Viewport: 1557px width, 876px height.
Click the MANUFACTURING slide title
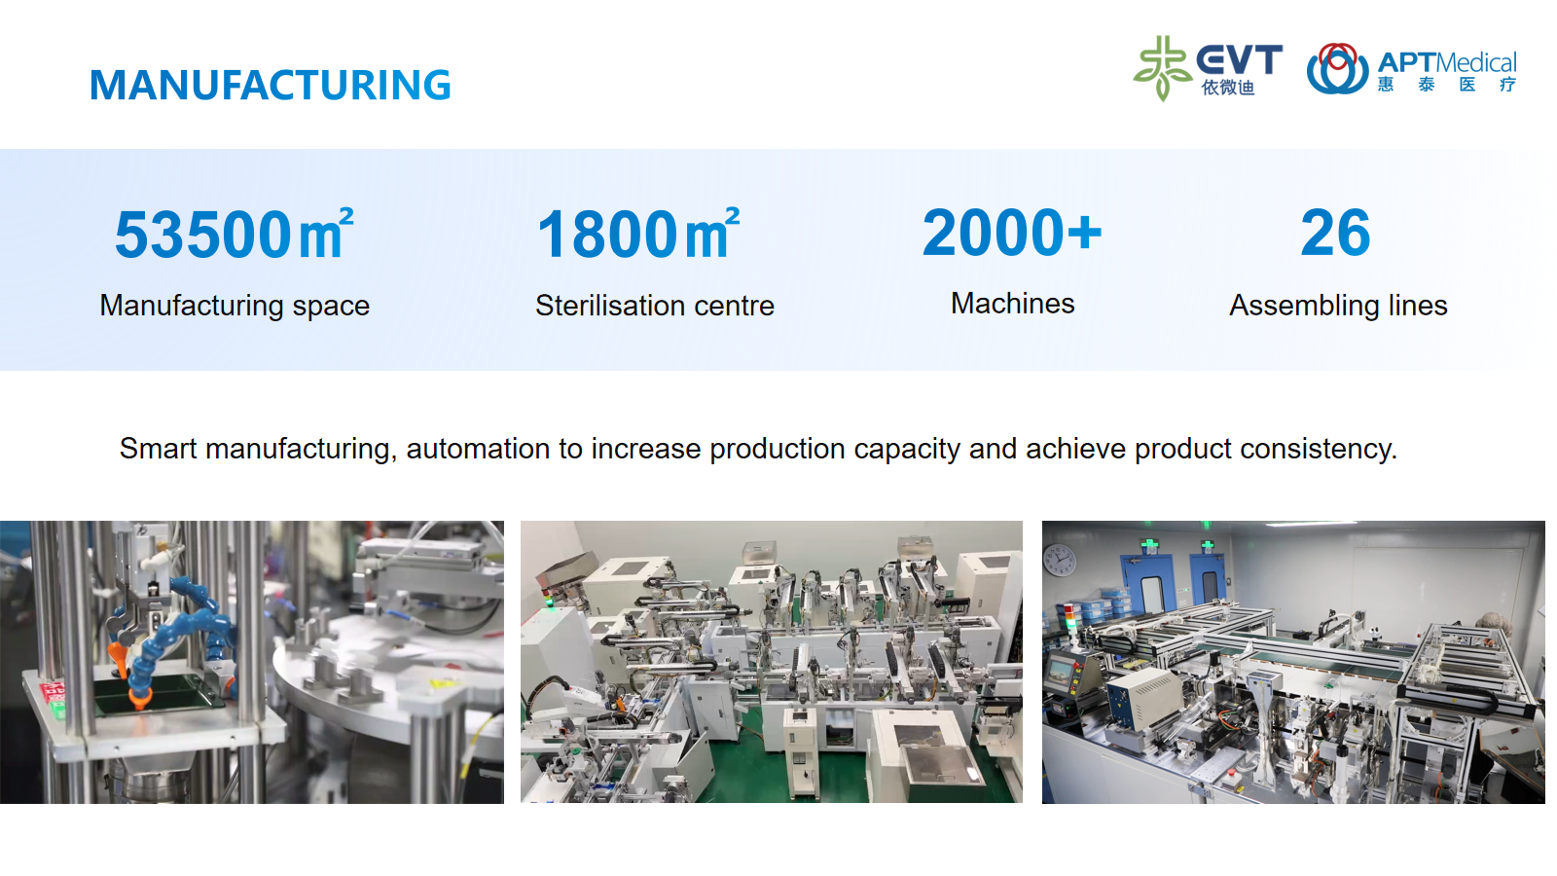271,85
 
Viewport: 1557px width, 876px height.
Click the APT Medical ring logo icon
1337,69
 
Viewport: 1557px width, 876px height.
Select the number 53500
203,235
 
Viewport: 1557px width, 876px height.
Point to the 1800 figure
607,235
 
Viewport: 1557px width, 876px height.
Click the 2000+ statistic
1012,233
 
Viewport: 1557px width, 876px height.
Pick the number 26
1335,233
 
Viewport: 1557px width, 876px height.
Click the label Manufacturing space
235,306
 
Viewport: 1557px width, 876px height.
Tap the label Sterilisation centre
655,306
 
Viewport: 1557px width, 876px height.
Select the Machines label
1013,304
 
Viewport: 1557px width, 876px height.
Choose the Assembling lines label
1339,306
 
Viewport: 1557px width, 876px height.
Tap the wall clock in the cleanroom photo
1060,561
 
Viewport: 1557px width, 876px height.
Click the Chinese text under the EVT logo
1228,88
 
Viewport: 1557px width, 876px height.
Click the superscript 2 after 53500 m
346,214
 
